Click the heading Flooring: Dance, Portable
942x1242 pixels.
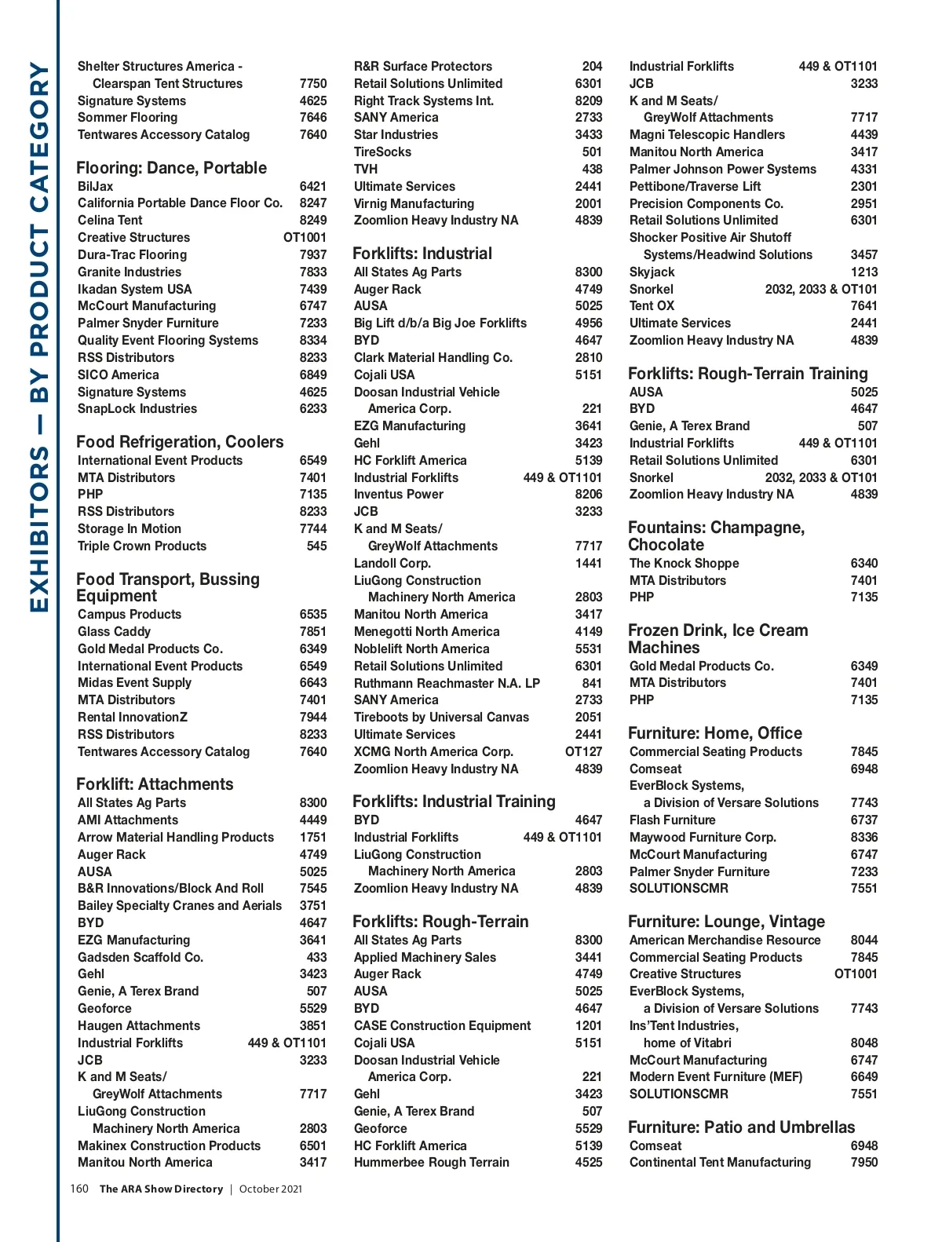click(171, 168)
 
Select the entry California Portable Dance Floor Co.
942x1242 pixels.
click(180, 203)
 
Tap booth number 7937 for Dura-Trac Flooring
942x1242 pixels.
click(313, 254)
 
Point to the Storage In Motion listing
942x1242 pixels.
click(130, 528)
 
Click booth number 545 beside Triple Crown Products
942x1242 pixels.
click(316, 546)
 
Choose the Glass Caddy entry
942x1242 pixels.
click(114, 631)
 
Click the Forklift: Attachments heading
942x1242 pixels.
click(155, 784)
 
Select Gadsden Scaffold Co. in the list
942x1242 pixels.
click(141, 957)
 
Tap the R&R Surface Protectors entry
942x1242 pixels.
click(423, 66)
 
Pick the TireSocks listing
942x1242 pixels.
click(382, 152)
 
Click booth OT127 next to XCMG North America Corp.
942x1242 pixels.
click(584, 751)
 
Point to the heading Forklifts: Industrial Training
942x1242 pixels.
click(454, 802)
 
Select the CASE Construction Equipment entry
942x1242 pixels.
click(442, 1025)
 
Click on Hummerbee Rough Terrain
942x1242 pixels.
click(431, 1162)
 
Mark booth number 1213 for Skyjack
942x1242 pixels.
click(863, 272)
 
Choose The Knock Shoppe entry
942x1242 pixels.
click(684, 563)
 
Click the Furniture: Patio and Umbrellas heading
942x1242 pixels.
click(741, 1127)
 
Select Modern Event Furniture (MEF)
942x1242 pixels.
click(716, 1076)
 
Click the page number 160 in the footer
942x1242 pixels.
click(79, 1189)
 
